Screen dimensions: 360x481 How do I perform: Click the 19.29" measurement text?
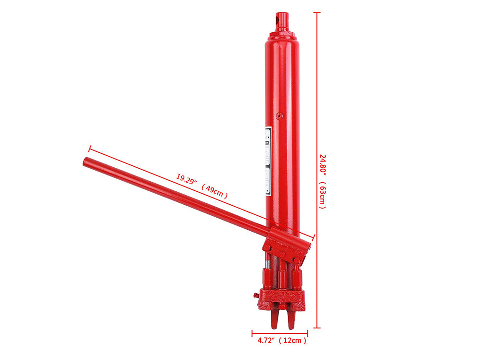click(x=187, y=181)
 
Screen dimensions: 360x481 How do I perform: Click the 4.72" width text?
click(x=265, y=341)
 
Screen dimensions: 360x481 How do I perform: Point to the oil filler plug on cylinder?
click(x=279, y=115)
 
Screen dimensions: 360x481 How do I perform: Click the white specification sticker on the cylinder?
click(x=268, y=161)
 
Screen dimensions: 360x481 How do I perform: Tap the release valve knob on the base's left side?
click(x=255, y=295)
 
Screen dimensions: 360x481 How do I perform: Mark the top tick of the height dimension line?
click(x=317, y=12)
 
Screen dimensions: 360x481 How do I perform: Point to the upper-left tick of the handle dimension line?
click(x=89, y=149)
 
